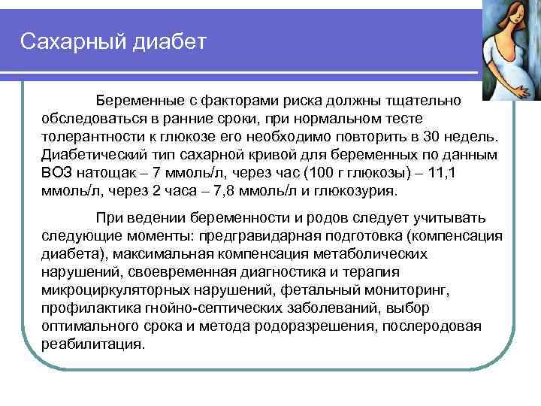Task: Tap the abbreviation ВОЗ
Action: tap(59, 173)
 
